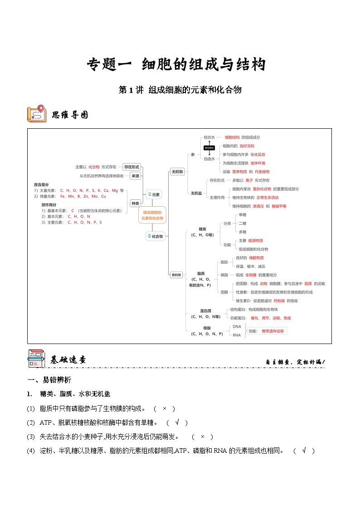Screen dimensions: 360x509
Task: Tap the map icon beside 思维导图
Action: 36,114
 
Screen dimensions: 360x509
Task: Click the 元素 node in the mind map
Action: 153,194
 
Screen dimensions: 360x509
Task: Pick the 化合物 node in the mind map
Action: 155,236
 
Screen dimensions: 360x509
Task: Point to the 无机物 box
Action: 177,172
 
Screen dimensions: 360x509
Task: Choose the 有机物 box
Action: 176,275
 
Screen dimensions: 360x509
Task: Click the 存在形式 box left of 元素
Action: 131,167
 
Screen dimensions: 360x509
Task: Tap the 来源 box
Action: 135,176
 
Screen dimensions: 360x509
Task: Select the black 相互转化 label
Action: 209,148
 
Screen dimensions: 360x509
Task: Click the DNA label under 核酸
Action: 237,326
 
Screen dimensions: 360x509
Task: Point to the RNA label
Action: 237,335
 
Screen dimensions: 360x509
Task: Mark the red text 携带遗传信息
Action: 272,331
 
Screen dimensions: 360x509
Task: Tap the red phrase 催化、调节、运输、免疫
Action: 271,318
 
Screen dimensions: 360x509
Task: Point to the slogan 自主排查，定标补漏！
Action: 295,362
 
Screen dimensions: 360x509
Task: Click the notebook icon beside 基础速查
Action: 36,358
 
